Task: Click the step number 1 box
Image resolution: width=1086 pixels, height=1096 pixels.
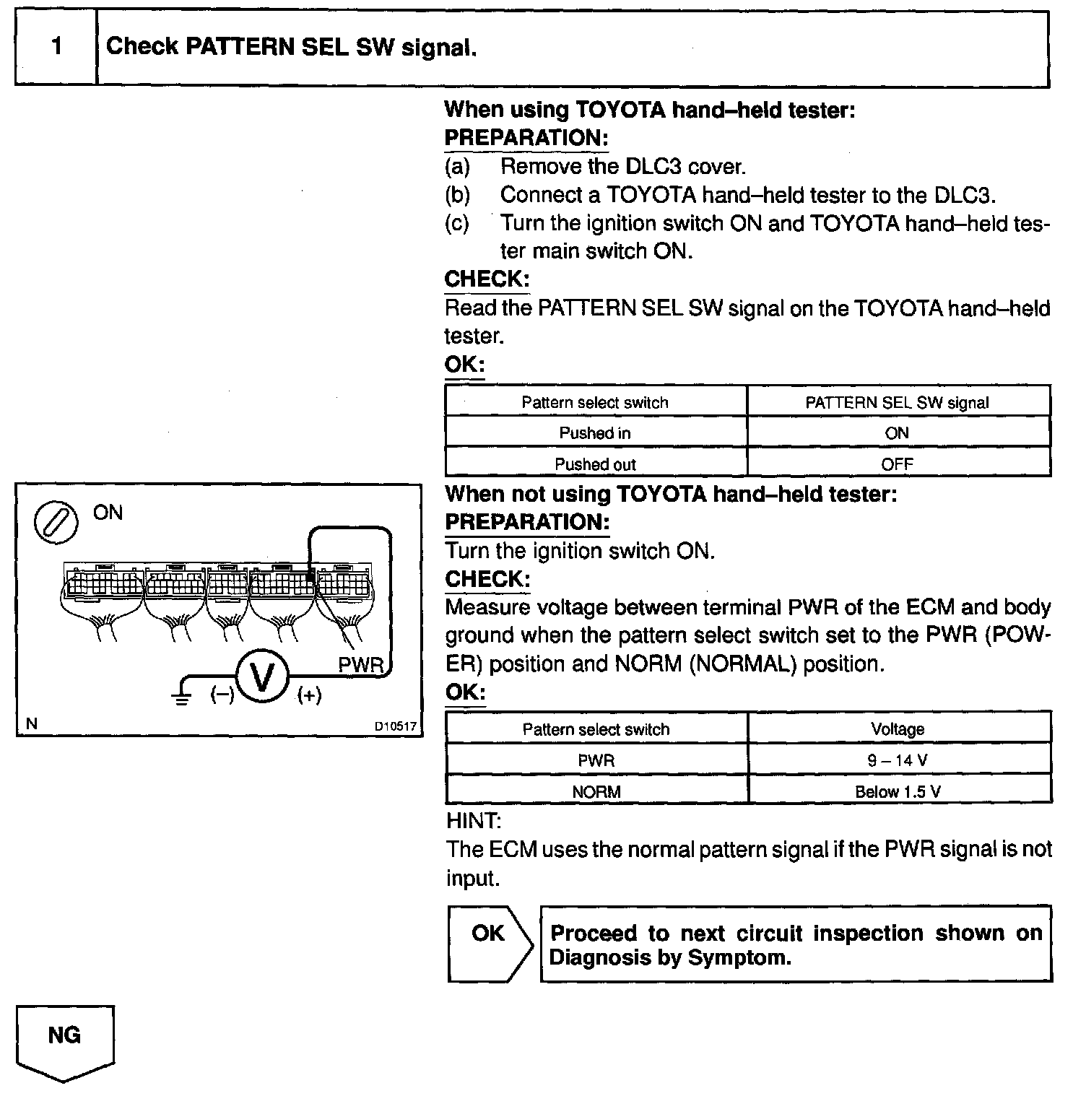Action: pyautogui.click(x=56, y=48)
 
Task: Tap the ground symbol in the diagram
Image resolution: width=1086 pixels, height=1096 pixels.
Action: pyautogui.click(x=181, y=697)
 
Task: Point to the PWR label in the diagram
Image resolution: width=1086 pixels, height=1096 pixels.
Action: pyautogui.click(x=360, y=665)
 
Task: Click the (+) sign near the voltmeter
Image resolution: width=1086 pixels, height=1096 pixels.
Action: pyautogui.click(x=309, y=695)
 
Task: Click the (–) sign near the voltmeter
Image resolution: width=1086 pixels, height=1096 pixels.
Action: pyautogui.click(x=222, y=695)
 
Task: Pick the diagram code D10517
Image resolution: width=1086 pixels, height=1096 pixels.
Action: pyautogui.click(x=395, y=726)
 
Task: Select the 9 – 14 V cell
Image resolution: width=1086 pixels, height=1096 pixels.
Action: pyautogui.click(x=898, y=760)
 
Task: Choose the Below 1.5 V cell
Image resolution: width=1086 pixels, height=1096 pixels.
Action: pyautogui.click(x=898, y=791)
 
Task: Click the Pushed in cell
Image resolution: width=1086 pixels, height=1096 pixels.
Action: pyautogui.click(x=595, y=433)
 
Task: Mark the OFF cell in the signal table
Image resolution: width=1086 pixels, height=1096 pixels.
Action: pyautogui.click(x=897, y=464)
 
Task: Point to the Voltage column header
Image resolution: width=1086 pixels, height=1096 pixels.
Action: pyautogui.click(x=898, y=729)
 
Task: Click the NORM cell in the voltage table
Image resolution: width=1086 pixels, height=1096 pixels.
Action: pyautogui.click(x=596, y=791)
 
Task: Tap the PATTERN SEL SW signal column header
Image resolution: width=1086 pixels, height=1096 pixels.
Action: pyautogui.click(x=897, y=402)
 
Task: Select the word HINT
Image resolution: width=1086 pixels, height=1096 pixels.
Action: pyautogui.click(x=474, y=821)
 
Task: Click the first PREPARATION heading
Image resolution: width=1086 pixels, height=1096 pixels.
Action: pyautogui.click(x=526, y=138)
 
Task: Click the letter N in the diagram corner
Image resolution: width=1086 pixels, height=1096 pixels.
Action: pyautogui.click(x=31, y=723)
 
